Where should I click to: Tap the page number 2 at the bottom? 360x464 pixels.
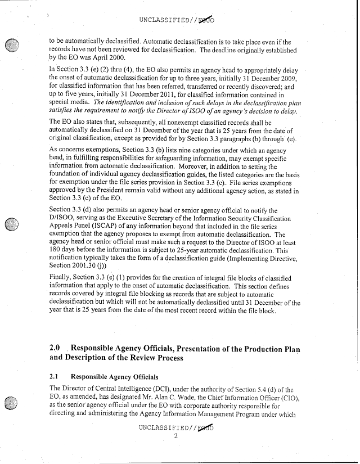tap(176, 436)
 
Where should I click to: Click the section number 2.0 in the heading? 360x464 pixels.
tap(56, 348)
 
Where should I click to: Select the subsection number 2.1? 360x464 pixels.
tap(55, 375)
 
